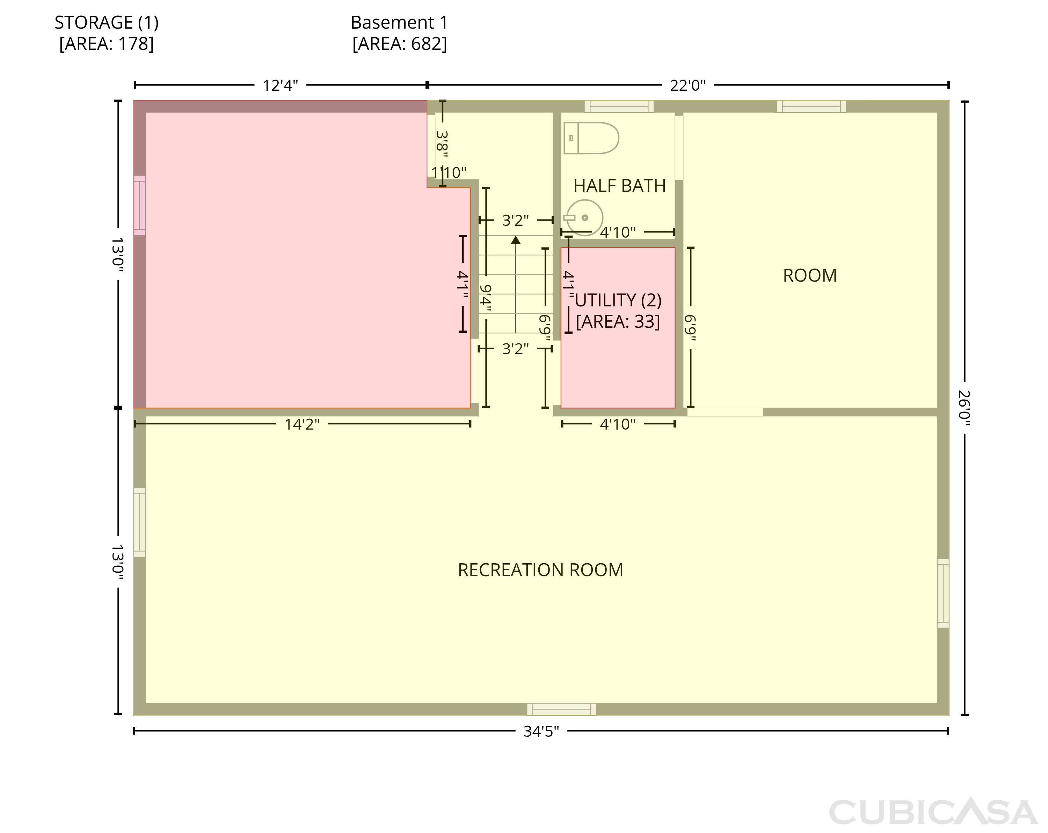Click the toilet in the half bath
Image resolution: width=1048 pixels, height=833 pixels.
tap(591, 138)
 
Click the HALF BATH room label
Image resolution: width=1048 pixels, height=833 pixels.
tap(619, 186)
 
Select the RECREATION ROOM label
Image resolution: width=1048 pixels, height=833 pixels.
tap(540, 570)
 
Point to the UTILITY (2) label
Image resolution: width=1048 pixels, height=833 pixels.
tap(618, 300)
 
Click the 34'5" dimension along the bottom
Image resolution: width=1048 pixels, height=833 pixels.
tap(541, 731)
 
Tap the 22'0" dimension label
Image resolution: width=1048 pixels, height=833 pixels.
tap(688, 85)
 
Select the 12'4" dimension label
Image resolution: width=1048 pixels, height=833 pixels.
tap(281, 85)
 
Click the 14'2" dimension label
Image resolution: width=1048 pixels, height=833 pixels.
tap(302, 424)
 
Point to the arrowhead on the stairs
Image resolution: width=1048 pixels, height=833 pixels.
tap(516, 240)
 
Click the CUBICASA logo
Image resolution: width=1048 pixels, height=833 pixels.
tap(933, 812)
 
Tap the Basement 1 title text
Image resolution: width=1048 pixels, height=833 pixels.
tap(399, 22)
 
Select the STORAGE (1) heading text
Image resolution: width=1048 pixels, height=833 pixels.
tap(107, 22)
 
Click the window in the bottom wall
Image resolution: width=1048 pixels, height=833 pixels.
tap(561, 709)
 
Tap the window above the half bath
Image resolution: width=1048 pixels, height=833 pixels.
tap(619, 106)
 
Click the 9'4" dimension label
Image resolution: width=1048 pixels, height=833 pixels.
tap(486, 298)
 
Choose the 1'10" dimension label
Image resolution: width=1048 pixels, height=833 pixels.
tap(449, 172)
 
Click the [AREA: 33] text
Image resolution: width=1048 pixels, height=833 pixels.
tap(618, 321)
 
